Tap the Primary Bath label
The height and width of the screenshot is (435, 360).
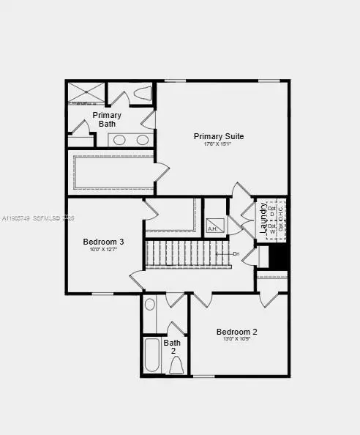107,119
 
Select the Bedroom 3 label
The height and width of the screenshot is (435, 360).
103,242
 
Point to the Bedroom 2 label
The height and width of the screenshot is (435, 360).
236,332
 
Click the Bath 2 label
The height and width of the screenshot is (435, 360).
173,346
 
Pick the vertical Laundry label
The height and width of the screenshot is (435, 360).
262,218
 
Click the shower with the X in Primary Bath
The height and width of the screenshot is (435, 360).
86,92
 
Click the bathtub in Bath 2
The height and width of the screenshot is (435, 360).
153,356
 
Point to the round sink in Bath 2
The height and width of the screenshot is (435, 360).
150,305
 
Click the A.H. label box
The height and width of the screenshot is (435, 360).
214,226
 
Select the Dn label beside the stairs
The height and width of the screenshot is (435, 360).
236,253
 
